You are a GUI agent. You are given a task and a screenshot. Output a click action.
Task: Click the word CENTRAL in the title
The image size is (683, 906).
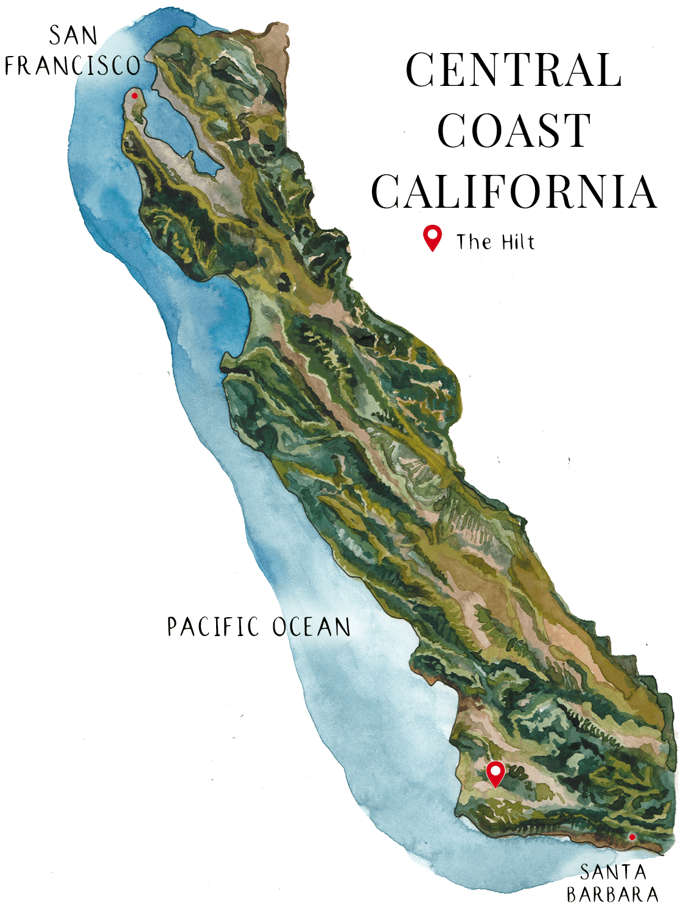tap(513, 70)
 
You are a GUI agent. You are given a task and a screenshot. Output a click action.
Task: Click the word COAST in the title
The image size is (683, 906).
tap(514, 131)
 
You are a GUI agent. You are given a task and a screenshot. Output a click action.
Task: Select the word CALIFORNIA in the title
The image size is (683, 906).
tap(514, 191)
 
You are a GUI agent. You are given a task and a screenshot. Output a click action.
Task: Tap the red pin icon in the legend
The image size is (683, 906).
tap(432, 238)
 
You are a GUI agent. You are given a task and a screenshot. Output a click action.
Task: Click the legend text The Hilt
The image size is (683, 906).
tap(496, 242)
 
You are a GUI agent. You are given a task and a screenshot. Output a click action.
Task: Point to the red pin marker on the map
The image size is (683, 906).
tap(496, 773)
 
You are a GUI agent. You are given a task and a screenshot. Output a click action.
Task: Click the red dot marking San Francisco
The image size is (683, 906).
tap(135, 96)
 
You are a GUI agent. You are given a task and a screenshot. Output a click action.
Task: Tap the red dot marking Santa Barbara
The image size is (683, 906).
tap(632, 837)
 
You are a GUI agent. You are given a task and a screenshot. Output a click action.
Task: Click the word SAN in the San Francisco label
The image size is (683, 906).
tap(73, 36)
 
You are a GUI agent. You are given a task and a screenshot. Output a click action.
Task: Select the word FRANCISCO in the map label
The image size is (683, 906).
tap(72, 66)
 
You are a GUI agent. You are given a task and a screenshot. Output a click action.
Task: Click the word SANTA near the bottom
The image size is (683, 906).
tap(612, 872)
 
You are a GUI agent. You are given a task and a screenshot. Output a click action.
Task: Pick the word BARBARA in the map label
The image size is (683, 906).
tap(612, 894)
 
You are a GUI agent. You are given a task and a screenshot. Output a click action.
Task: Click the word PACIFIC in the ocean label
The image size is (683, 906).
tap(213, 627)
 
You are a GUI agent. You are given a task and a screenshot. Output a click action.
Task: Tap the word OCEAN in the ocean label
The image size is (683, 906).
tap(311, 627)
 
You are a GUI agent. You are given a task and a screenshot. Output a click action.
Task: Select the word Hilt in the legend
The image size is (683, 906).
tap(518, 242)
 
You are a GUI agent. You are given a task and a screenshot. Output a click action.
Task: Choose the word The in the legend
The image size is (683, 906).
tap(474, 242)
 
